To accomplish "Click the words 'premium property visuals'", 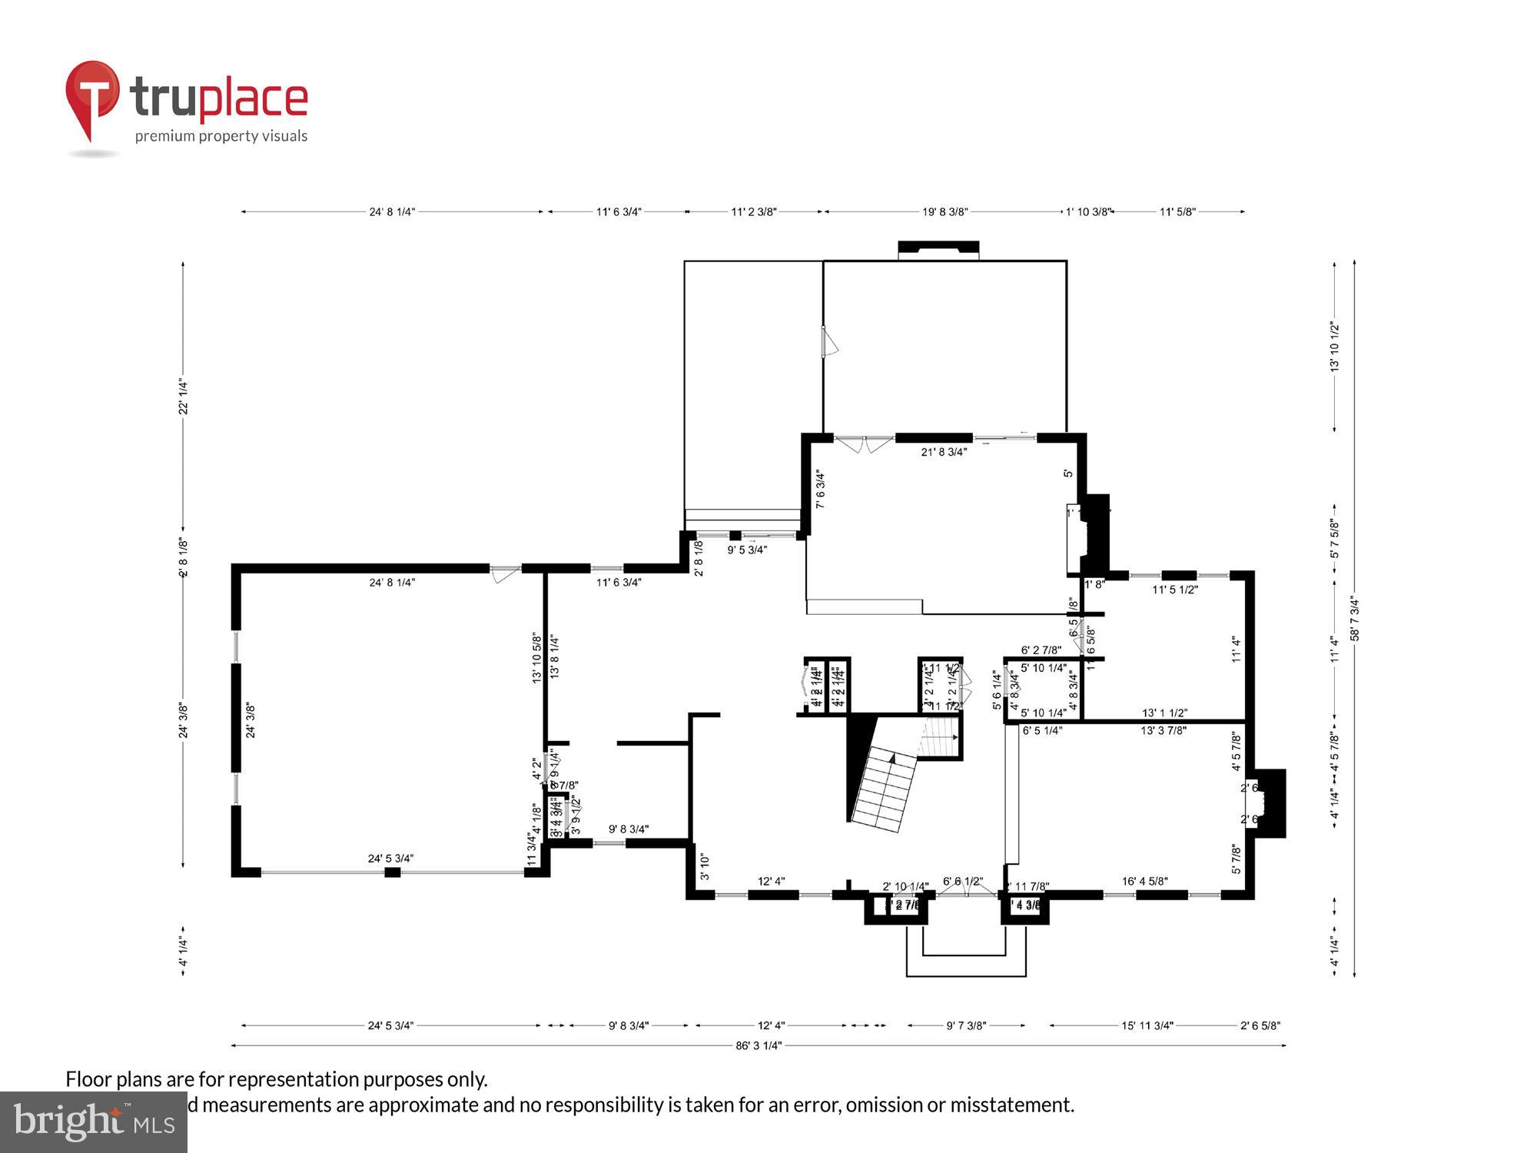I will [x=221, y=137].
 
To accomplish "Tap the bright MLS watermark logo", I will [x=94, y=1122].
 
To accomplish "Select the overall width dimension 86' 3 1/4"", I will [x=758, y=1045].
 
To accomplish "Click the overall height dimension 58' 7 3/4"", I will [x=1355, y=620].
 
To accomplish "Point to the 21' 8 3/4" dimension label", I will [x=944, y=452].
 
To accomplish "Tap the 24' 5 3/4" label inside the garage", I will [x=390, y=859].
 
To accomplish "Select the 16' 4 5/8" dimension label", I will [x=1145, y=882].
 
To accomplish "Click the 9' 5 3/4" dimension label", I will [x=747, y=550].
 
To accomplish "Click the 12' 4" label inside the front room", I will [x=771, y=882].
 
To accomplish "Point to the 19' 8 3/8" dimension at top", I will [x=944, y=212].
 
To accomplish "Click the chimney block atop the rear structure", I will [x=938, y=249].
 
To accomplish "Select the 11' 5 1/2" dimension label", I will [x=1175, y=590].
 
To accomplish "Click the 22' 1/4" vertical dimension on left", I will [x=183, y=397].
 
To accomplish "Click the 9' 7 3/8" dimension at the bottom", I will [x=966, y=1025].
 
